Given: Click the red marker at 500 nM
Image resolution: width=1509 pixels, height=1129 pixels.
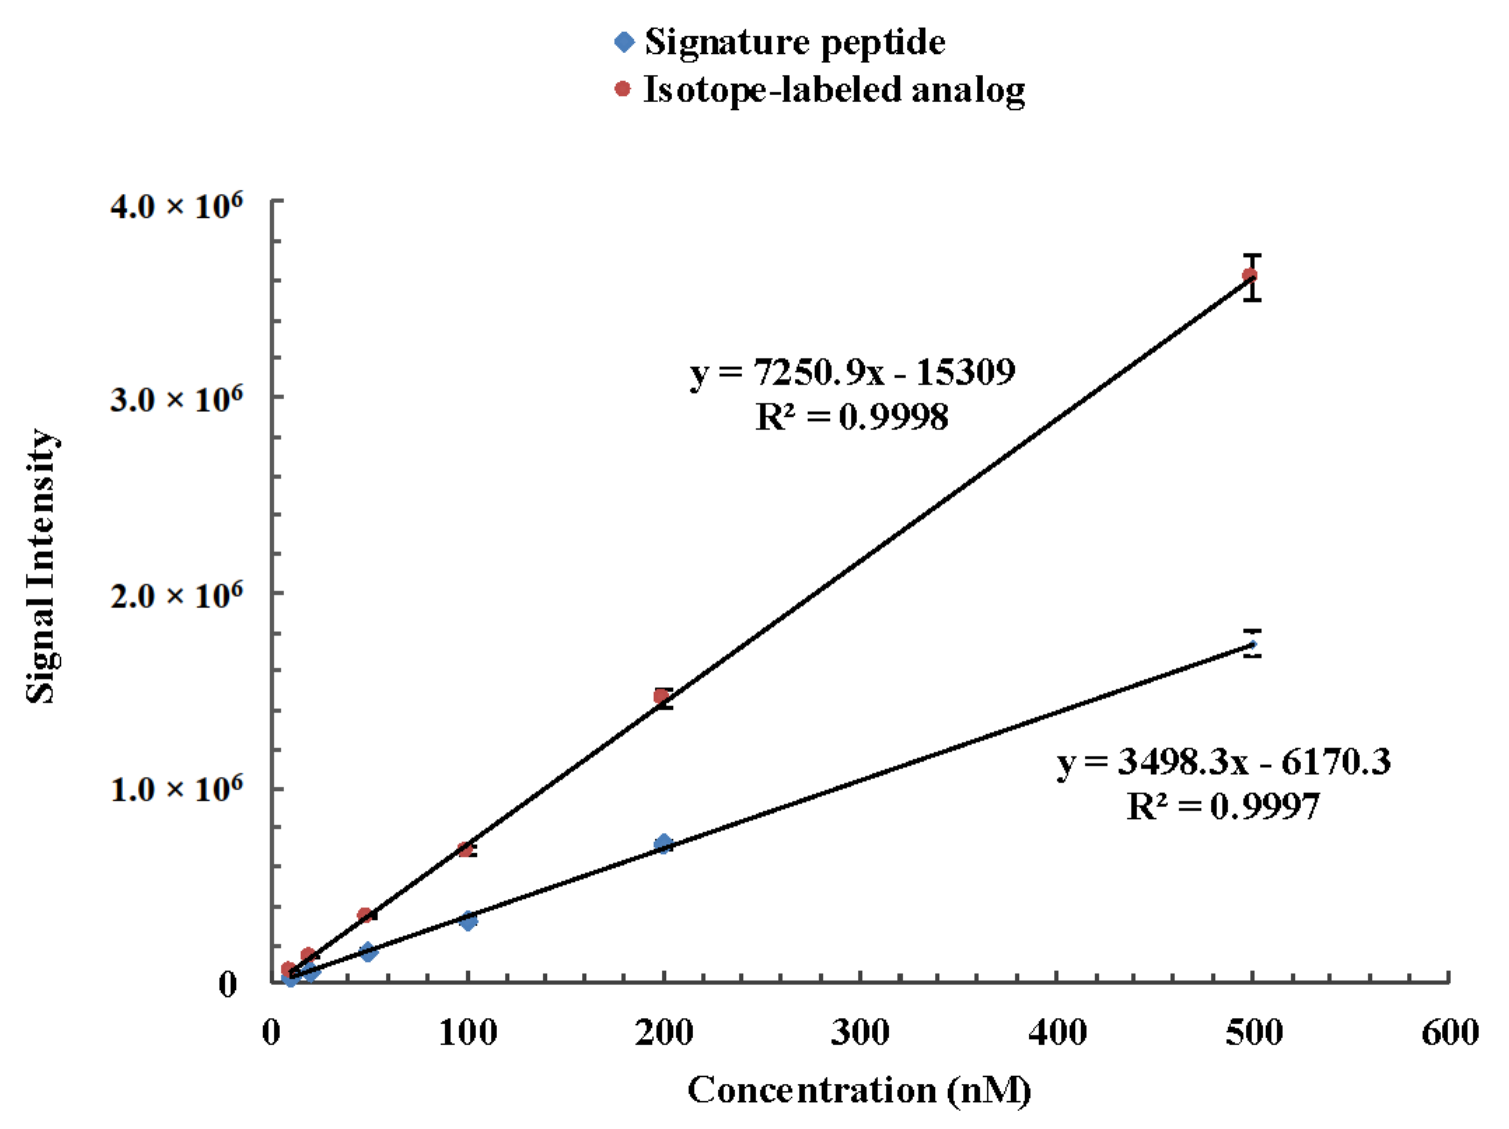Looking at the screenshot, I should pos(1250,276).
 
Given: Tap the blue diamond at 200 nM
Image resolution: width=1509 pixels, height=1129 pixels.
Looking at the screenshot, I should pos(663,843).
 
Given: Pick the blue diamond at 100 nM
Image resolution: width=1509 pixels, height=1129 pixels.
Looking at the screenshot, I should pos(468,920).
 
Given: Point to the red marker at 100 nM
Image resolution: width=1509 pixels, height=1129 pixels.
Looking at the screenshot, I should pos(465,849).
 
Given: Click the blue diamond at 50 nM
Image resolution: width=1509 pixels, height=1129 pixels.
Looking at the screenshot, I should pos(368,951).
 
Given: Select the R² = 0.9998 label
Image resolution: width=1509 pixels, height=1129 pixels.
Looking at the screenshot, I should pos(852,417).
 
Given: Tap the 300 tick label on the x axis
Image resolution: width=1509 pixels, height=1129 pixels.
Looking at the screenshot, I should pos(860,1032).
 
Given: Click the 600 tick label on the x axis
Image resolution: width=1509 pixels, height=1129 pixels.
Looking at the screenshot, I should pos(1449,1032).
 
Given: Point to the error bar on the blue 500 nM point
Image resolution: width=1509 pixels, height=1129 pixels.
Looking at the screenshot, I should pos(1253,643).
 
